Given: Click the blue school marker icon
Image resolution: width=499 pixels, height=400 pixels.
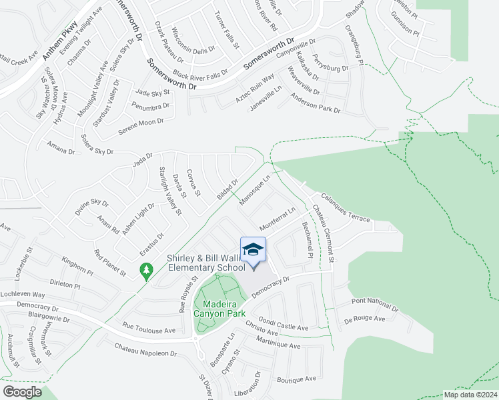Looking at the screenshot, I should click(x=253, y=251).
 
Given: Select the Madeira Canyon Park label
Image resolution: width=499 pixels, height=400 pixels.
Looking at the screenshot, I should click(x=219, y=308).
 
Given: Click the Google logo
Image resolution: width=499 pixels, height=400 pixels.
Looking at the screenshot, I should click(x=22, y=392).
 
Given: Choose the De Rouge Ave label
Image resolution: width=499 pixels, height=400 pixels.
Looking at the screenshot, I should click(x=365, y=319).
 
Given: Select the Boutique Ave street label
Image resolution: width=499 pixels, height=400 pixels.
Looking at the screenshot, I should click(x=296, y=379).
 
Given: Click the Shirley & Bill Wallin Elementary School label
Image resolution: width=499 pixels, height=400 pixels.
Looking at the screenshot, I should click(x=205, y=263).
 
